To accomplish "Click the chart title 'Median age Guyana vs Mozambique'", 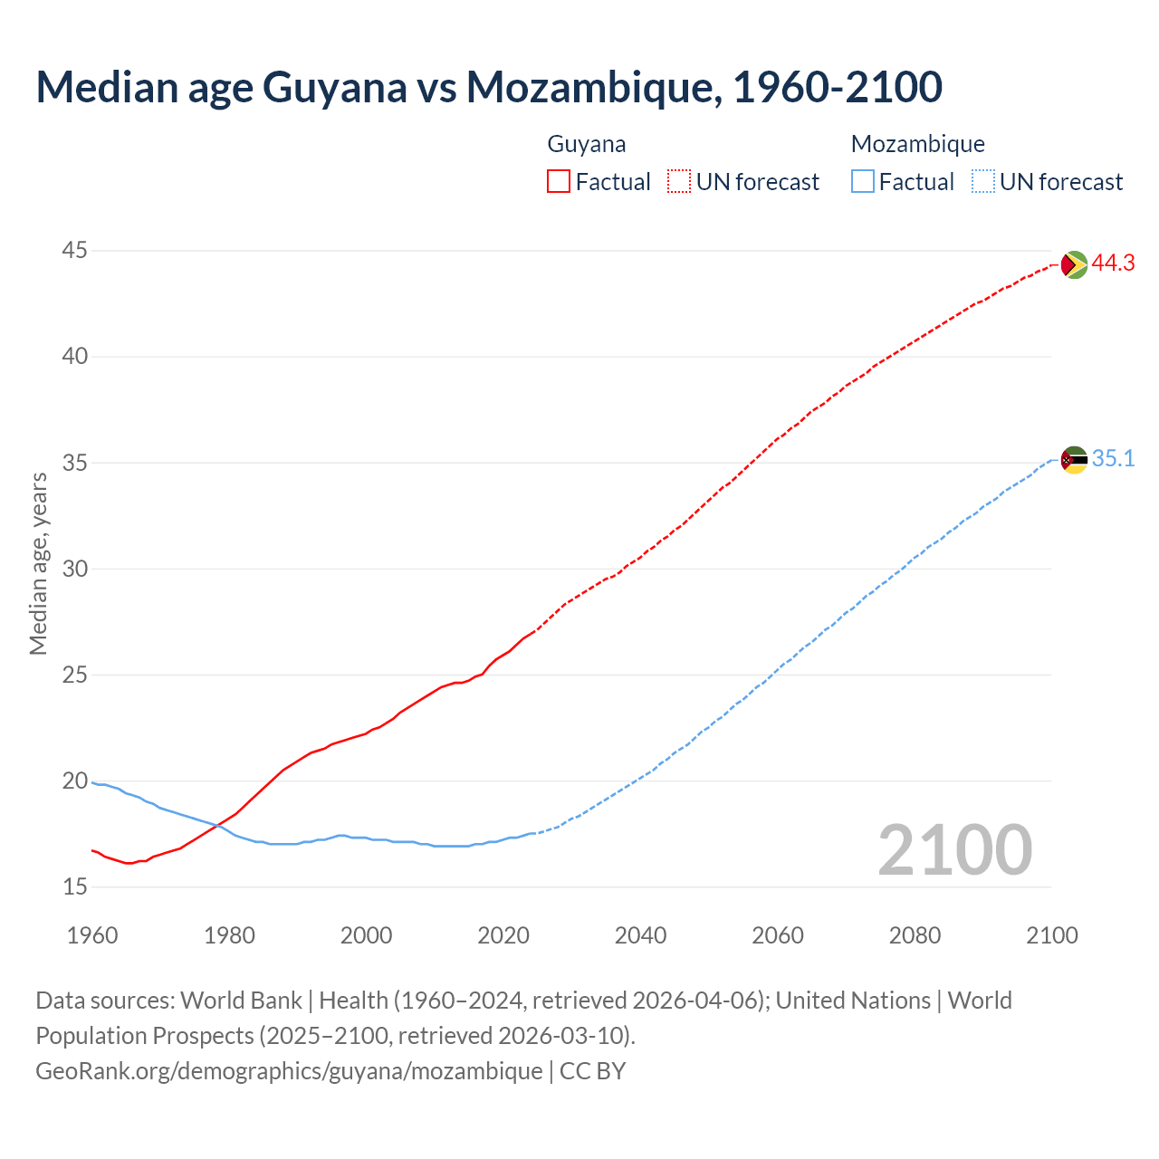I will [489, 87].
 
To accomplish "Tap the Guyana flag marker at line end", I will [1074, 264].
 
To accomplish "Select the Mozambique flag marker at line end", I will [1074, 460].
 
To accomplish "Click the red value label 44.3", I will [1113, 263].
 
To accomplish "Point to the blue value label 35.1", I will [1113, 459].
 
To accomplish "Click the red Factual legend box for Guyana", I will [559, 182].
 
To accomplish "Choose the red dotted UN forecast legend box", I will [679, 182].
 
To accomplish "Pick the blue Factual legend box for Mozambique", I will [863, 182].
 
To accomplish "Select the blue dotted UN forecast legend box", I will [983, 182].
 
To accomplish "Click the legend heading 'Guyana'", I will [587, 144].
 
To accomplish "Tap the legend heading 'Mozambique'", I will [917, 144].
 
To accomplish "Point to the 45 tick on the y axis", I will [75, 250].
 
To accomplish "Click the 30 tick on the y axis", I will [75, 569].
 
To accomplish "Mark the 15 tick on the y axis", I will [75, 886].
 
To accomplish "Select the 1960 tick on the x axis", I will [92, 935].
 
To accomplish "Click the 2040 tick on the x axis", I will [640, 935].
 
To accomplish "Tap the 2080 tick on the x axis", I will [915, 935].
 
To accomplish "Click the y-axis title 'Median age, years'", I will [38, 563].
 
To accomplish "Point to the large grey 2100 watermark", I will [954, 849].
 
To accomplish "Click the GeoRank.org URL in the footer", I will [289, 1071].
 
